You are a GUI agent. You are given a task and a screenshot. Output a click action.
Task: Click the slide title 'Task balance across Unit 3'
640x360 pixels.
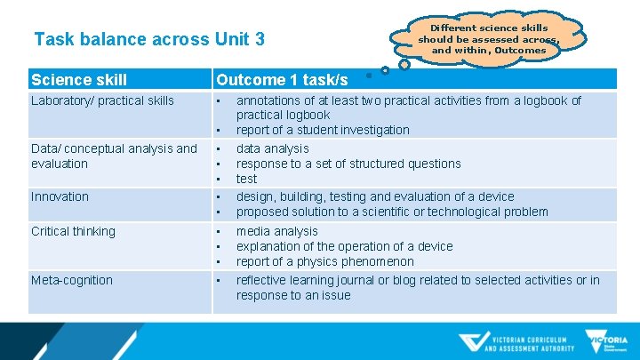(148, 40)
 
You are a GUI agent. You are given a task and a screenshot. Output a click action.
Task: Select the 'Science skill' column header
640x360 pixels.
(79, 80)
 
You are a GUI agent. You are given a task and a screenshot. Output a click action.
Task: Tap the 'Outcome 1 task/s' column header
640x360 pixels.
(282, 80)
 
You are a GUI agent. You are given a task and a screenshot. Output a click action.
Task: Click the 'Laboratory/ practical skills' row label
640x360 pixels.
(102, 100)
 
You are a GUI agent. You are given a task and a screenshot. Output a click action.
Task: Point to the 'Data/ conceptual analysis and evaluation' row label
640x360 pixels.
(114, 156)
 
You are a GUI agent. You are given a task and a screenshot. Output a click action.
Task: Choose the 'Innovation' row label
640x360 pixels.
(60, 196)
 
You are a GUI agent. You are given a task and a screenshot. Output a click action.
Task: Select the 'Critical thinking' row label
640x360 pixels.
(73, 231)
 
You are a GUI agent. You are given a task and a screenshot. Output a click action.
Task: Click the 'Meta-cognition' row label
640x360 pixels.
(72, 280)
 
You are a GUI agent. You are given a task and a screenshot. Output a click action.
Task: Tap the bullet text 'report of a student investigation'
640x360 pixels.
(323, 130)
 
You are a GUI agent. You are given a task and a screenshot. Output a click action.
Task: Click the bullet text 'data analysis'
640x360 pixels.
(272, 148)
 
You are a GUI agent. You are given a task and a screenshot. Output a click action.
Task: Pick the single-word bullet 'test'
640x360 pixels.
(246, 179)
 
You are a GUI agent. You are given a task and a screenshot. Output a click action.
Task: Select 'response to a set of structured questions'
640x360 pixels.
(348, 164)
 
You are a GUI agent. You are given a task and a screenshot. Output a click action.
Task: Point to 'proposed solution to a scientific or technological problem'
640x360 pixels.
(392, 212)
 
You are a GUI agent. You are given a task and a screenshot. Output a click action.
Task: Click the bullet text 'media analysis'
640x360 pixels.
(276, 231)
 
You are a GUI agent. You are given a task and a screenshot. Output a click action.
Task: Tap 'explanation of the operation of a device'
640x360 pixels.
(344, 246)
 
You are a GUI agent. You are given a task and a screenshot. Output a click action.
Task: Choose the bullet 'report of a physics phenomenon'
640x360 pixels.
(324, 261)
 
